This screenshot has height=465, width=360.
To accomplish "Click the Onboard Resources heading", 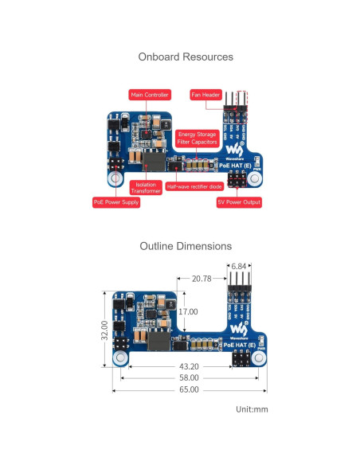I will [x=186, y=57].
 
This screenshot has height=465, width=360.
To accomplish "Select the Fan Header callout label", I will [x=205, y=95].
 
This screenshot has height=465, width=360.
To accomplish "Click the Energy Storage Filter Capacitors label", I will [x=196, y=138].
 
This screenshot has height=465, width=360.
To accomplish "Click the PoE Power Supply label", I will [x=115, y=203].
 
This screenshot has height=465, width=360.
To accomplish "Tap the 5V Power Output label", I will [x=238, y=203].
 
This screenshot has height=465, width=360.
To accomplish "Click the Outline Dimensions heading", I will [x=186, y=247].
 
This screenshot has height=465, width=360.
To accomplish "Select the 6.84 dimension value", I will [x=239, y=265].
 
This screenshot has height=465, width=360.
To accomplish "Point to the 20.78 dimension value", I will [x=202, y=279].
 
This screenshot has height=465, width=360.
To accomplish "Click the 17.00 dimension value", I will [x=188, y=312].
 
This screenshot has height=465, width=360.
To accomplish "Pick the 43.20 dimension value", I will [x=188, y=367].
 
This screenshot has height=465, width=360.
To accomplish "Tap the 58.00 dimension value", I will [x=188, y=378].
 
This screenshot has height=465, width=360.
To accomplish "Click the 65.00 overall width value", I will [x=189, y=390].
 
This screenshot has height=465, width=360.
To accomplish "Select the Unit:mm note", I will [x=251, y=409].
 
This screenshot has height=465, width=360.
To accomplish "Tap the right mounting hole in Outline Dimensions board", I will [x=255, y=359].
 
